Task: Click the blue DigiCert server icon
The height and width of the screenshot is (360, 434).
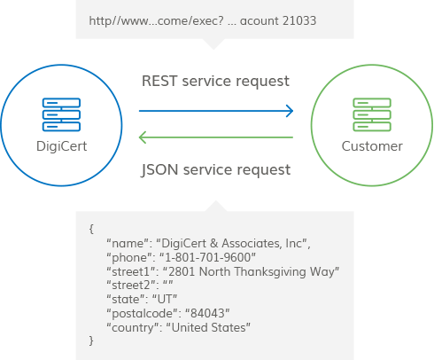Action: point(61,114)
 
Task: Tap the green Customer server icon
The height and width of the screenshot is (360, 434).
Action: point(372,114)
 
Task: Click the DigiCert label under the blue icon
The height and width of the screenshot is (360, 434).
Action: point(61,146)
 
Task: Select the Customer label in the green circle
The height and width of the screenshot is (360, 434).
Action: point(372,146)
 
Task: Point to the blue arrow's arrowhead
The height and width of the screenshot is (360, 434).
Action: point(291,111)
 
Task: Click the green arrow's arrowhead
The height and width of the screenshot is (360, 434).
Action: point(142,137)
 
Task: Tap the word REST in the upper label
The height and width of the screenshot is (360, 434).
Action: point(159,81)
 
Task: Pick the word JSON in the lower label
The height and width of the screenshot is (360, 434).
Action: point(159,170)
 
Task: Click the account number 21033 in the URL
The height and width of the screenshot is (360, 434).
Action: point(299,21)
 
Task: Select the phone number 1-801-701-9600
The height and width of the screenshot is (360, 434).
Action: point(207,257)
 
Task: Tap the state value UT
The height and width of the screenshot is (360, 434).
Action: point(165,299)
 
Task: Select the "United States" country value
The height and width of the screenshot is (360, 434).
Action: point(208,327)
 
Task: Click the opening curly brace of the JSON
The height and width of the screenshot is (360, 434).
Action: point(91,229)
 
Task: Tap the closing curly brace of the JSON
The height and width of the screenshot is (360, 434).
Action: point(91,340)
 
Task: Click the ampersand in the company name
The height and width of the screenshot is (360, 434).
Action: point(213,243)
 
